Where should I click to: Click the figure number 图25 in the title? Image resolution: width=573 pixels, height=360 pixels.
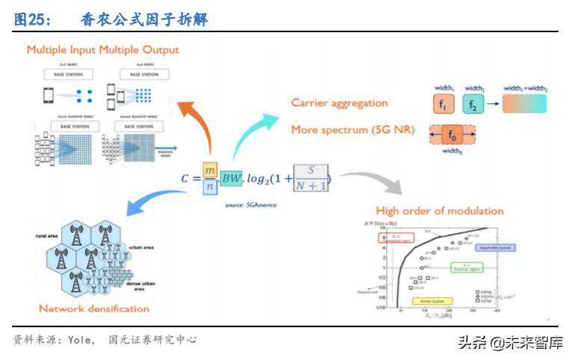pos(30,21)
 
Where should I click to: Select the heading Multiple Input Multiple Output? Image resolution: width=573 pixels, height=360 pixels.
pos(103,50)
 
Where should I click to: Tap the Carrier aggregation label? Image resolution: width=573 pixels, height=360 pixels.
pos(340,103)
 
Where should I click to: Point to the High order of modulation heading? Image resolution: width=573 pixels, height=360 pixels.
pos(439,210)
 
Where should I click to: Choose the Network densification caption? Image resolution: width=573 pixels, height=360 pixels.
pos(94,308)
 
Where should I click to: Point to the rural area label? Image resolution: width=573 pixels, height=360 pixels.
pos(46,236)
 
